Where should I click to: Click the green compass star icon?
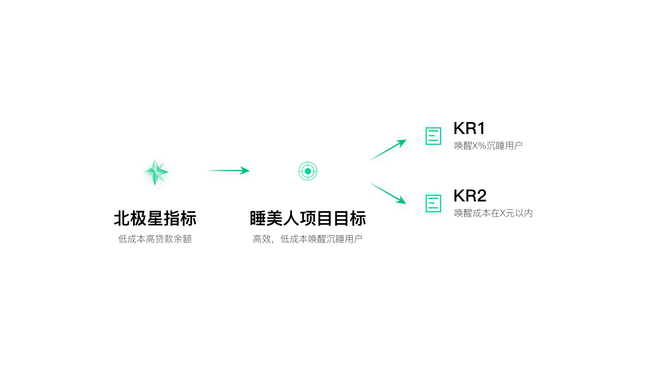coord(155,172)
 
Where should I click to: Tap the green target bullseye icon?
coord(308,171)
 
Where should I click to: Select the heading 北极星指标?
coord(155,218)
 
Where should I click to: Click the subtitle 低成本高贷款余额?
coord(155,239)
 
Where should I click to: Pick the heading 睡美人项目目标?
coord(308,218)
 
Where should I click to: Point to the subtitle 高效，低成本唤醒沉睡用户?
coord(308,239)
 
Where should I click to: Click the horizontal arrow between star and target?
coord(228,170)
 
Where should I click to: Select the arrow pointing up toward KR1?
coord(388,150)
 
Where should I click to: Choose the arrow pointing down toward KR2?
coord(388,193)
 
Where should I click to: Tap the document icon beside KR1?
coord(433,136)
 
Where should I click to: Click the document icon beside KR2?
coord(433,203)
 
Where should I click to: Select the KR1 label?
coord(469,128)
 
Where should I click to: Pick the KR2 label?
coord(470,196)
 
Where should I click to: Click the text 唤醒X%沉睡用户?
coord(488,146)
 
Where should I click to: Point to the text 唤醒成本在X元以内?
coord(493,213)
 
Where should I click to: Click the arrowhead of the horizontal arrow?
coord(245,170)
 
